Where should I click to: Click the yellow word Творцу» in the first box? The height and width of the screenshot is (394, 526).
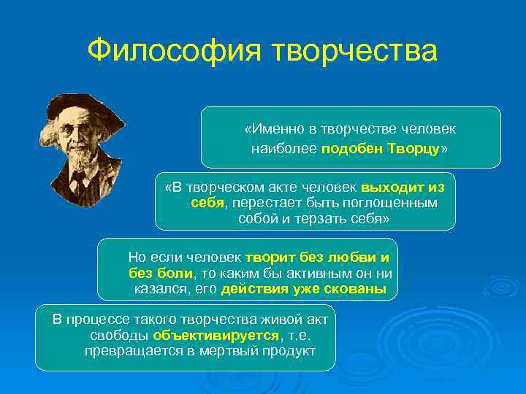tap(419, 148)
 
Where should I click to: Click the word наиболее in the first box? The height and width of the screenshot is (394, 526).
tap(283, 148)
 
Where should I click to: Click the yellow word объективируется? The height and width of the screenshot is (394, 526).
tap(216, 335)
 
